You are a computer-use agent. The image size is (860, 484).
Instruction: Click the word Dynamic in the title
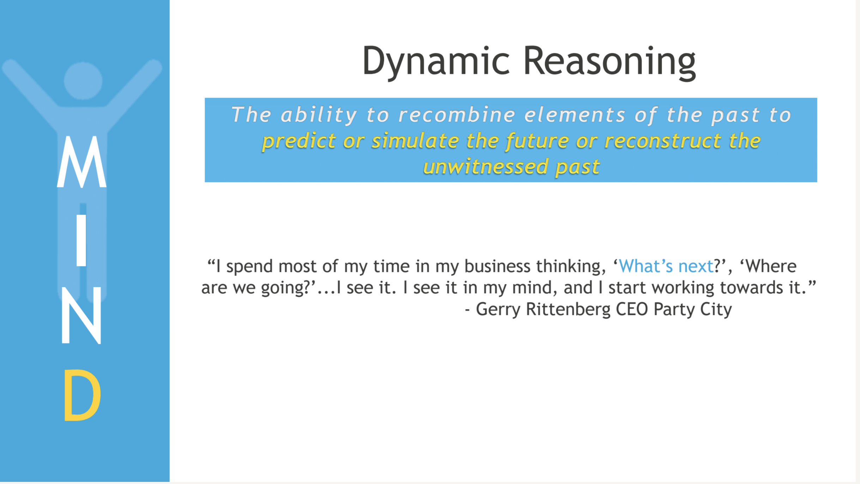pos(436,62)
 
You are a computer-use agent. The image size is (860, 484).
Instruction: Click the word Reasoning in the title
pos(610,62)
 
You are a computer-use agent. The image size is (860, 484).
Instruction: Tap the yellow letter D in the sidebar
pos(83,395)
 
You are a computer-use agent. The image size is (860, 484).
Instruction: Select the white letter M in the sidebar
pos(81,161)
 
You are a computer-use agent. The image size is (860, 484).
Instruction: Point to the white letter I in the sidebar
pos(81,240)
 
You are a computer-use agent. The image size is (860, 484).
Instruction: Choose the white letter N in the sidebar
pos(81,315)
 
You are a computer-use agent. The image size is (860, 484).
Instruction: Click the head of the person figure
pos(83,81)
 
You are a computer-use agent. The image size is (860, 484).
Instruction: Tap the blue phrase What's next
pos(666,266)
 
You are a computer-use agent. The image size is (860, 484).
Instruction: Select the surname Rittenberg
pos(568,309)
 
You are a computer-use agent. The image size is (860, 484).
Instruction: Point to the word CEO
pos(632,309)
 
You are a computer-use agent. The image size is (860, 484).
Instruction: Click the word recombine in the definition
pos(457,115)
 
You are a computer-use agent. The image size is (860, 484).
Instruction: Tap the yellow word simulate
pos(415,141)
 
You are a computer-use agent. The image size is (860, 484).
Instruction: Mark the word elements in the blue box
pos(575,115)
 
